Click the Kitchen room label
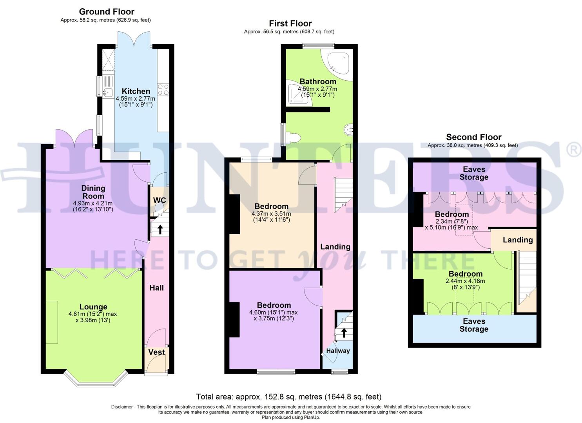click(136, 91)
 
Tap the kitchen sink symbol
click(107, 92)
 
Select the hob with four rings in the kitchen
click(163, 90)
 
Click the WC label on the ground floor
click(160, 200)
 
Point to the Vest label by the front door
click(156, 352)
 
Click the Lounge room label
click(93, 307)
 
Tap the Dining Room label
click(93, 192)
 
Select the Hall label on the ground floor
click(156, 288)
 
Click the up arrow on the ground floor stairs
click(160, 229)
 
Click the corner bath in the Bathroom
click(337, 63)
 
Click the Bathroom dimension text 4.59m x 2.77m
click(317, 89)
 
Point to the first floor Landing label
click(335, 247)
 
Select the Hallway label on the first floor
click(338, 351)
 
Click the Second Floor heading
click(473, 137)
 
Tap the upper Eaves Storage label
click(474, 173)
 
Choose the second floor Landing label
click(518, 240)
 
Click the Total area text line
click(288, 397)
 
